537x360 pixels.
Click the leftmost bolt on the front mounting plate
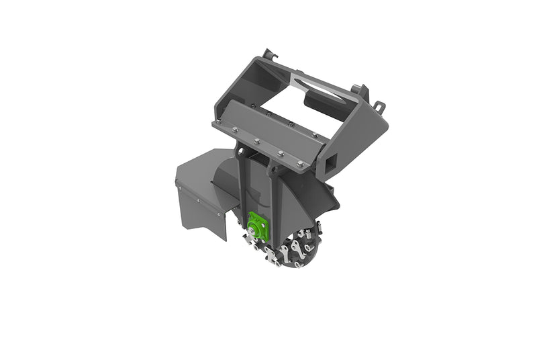click(x=218, y=124)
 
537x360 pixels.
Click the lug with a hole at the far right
click(x=379, y=107)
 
